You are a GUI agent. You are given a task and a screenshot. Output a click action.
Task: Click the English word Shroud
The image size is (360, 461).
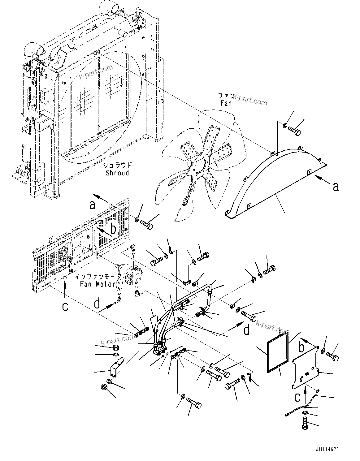point(117,173)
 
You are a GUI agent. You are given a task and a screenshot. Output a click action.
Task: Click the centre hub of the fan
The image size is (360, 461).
point(201,166)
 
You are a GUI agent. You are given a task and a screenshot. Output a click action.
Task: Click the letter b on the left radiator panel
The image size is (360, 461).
point(113,229)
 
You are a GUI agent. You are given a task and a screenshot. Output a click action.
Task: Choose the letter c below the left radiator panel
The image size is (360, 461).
point(65,306)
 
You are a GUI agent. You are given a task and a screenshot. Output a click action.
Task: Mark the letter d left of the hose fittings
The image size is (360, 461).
point(97,304)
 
